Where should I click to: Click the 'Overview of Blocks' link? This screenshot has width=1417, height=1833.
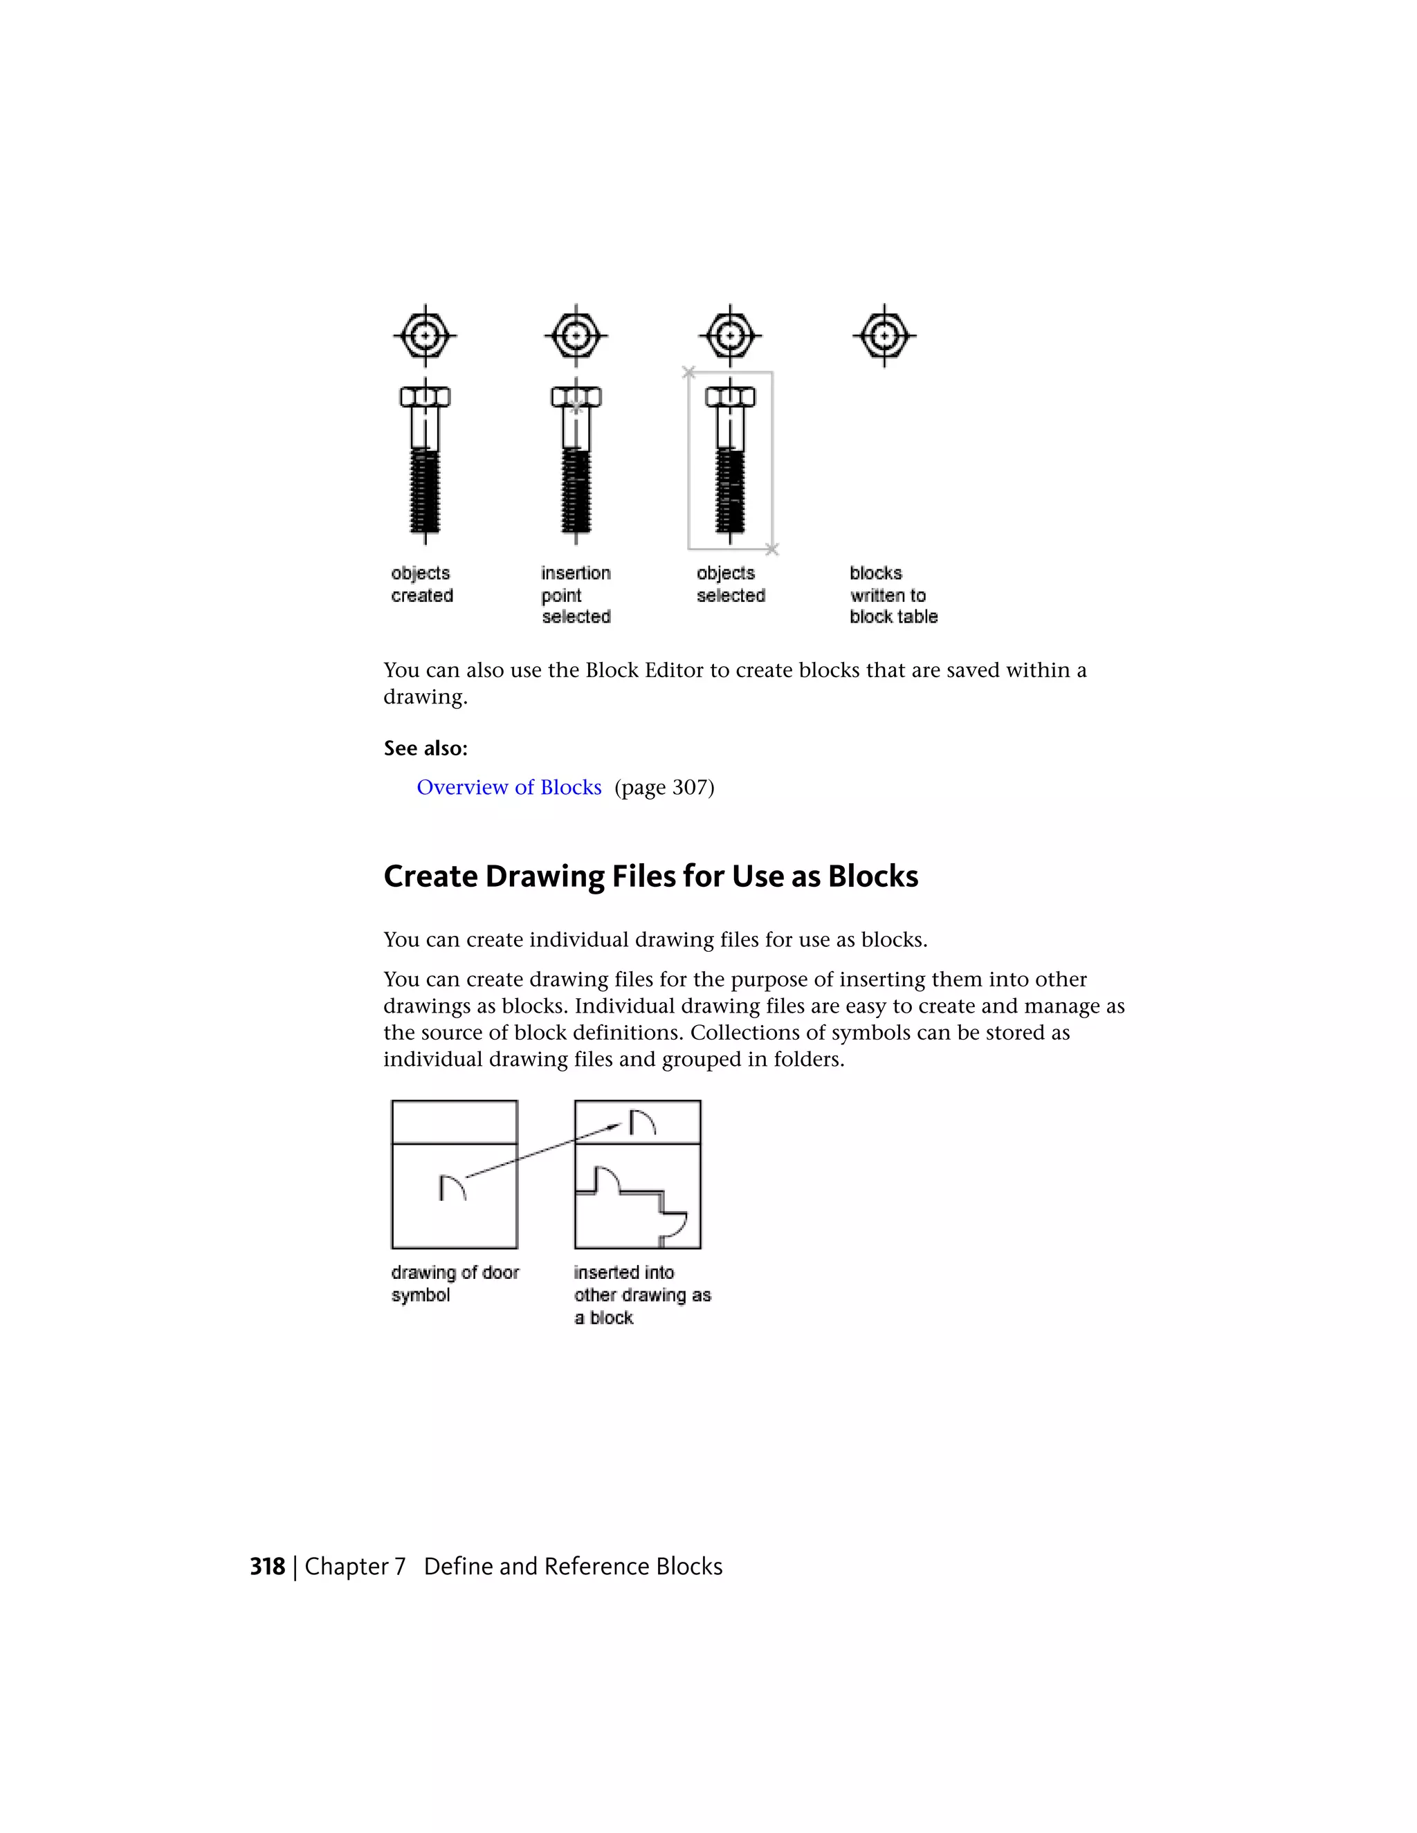tap(509, 787)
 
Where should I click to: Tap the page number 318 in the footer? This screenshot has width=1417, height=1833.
tap(267, 1566)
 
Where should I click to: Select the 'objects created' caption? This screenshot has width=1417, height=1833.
tap(421, 584)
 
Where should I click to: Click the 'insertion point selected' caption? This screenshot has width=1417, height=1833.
tap(576, 594)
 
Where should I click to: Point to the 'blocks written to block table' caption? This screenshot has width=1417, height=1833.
tap(893, 594)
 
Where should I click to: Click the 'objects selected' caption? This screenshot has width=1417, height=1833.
tap(731, 584)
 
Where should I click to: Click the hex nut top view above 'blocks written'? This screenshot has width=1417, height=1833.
tap(884, 335)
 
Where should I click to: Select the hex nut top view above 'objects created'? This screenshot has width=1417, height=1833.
tap(425, 335)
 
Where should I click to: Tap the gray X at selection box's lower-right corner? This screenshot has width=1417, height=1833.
tap(772, 549)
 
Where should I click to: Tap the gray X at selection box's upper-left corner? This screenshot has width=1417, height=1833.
tap(688, 372)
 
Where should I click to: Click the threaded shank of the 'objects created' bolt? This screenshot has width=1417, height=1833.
tap(425, 491)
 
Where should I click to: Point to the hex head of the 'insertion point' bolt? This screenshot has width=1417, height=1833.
tap(576, 396)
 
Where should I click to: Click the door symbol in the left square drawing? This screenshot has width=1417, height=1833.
tap(452, 1187)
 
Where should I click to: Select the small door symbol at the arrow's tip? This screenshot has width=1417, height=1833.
tap(642, 1122)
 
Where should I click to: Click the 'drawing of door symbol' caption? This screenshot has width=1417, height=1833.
tap(454, 1283)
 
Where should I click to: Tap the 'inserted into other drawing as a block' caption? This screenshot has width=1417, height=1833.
tap(641, 1295)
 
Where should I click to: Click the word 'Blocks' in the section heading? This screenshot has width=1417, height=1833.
tap(872, 876)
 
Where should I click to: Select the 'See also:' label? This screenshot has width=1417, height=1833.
tap(426, 748)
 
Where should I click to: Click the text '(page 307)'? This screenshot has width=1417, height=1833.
tap(664, 787)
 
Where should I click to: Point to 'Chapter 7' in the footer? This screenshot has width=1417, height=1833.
tap(355, 1566)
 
